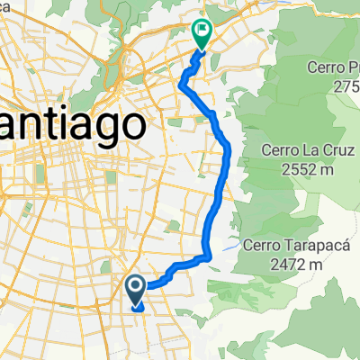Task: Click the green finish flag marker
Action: pyautogui.click(x=202, y=34)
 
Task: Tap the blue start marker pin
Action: pyautogui.click(x=136, y=290)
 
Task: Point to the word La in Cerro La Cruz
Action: pyautogui.click(x=301, y=149)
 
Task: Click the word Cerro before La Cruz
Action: pyautogui.click(x=275, y=149)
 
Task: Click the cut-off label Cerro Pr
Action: pyautogui.click(x=326, y=68)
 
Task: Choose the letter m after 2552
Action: pyautogui.click(x=326, y=168)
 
